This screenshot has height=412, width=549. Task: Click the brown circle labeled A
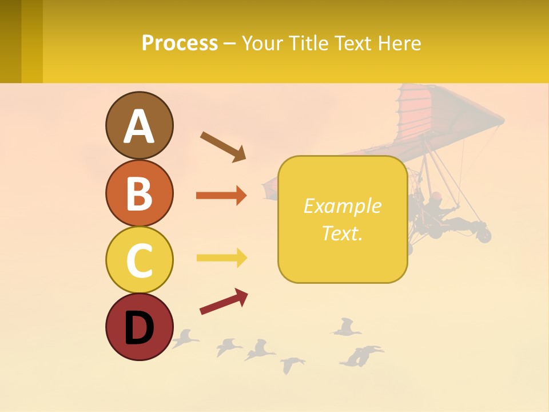(x=139, y=125)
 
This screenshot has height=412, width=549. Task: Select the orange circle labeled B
(x=139, y=193)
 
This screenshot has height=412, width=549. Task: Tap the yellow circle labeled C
(x=139, y=260)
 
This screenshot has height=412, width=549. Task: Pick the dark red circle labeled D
(x=139, y=327)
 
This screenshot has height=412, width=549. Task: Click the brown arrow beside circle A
(x=224, y=146)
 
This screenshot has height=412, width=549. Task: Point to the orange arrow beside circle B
(x=221, y=196)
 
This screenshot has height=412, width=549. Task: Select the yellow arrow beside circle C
(x=221, y=257)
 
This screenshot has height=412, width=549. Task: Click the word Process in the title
(x=180, y=43)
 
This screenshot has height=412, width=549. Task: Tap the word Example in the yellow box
(x=342, y=206)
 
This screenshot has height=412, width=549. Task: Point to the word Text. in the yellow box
(x=342, y=233)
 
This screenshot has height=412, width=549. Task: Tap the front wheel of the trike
(x=484, y=235)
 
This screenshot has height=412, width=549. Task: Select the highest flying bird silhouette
(x=345, y=327)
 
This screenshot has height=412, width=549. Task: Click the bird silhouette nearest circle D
(x=184, y=339)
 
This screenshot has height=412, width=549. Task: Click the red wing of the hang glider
(x=435, y=114)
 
